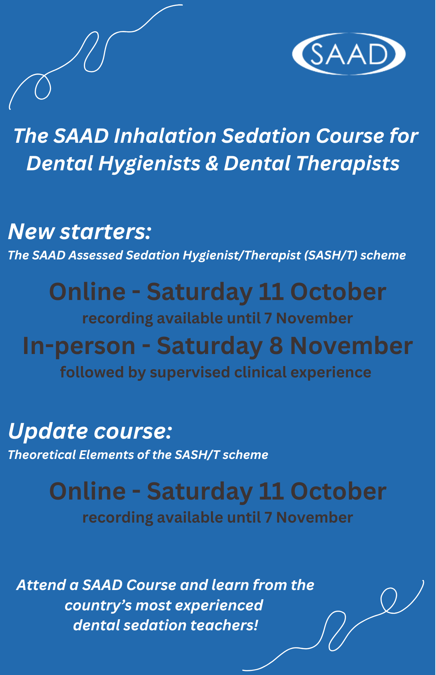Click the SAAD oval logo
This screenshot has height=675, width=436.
point(349,54)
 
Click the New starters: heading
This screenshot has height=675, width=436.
point(79,232)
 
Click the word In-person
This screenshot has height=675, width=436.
point(79,346)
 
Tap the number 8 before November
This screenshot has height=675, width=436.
point(276,346)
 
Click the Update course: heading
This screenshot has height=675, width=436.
point(90,431)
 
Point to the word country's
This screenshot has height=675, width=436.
point(98,606)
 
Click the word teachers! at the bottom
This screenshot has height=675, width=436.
point(224,625)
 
